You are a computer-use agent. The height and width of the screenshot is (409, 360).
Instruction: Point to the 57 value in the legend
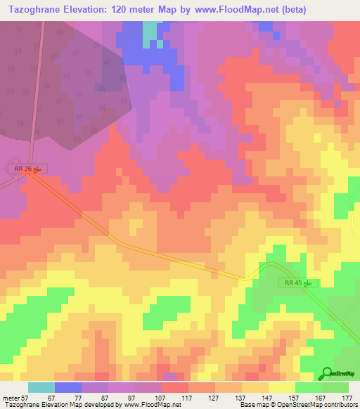click(x=24, y=398)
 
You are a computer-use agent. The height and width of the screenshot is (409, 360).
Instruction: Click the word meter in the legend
click(x=10, y=398)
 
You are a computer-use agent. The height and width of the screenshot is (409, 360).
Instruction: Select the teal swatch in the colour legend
click(x=41, y=387)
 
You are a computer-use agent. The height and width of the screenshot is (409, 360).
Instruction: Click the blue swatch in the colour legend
click(x=67, y=387)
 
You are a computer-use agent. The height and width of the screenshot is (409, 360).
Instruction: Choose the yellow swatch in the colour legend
click(x=281, y=387)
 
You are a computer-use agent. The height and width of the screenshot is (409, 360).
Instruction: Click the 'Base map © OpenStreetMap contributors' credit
click(x=297, y=405)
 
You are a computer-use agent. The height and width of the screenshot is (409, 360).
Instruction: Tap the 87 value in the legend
click(x=104, y=398)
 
